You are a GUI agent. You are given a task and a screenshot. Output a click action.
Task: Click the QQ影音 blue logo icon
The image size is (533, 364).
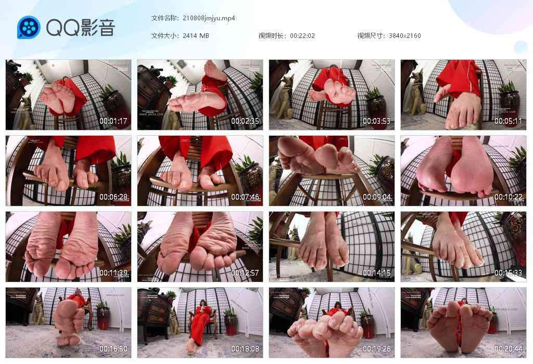pyautogui.click(x=29, y=28)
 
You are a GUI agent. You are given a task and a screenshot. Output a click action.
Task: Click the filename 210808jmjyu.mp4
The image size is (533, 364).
pyautogui.click(x=209, y=18)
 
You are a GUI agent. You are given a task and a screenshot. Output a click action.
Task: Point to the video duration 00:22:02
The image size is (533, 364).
pyautogui.click(x=302, y=36)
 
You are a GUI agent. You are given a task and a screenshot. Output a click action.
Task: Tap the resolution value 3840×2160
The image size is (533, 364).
pyautogui.click(x=404, y=36)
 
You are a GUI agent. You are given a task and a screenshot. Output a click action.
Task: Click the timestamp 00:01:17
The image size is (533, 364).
pyautogui.click(x=114, y=121)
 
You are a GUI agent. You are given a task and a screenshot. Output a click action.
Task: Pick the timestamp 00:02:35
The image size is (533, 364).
pyautogui.click(x=246, y=121)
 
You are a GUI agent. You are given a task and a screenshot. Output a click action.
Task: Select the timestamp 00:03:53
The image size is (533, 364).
pyautogui.click(x=377, y=121)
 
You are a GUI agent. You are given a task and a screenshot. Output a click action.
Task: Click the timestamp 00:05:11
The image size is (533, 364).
pyautogui.click(x=509, y=121)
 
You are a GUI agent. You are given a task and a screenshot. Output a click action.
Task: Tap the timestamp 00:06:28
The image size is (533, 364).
pyautogui.click(x=114, y=198)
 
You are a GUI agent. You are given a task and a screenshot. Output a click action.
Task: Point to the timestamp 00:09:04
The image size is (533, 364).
pyautogui.click(x=377, y=198)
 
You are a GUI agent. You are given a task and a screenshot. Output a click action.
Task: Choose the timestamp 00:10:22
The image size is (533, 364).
pyautogui.click(x=509, y=198)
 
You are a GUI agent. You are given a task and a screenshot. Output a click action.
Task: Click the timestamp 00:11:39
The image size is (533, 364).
pyautogui.click(x=114, y=274)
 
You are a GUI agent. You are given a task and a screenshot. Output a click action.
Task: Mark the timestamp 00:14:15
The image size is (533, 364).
pyautogui.click(x=377, y=274)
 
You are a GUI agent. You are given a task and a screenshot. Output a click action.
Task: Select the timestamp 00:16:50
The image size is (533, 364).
pyautogui.click(x=114, y=349)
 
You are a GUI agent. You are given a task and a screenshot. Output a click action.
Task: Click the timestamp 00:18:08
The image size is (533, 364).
pyautogui.click(x=246, y=349)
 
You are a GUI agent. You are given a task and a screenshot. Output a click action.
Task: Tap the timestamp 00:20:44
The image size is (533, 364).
pyautogui.click(x=509, y=349)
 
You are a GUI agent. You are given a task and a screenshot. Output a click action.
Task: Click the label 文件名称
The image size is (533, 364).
pyautogui.click(x=164, y=18)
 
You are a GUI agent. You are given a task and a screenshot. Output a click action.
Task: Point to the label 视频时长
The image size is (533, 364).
pyautogui.click(x=272, y=36)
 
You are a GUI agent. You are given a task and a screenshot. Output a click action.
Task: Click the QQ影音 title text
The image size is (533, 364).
pyautogui.click(x=81, y=28)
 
